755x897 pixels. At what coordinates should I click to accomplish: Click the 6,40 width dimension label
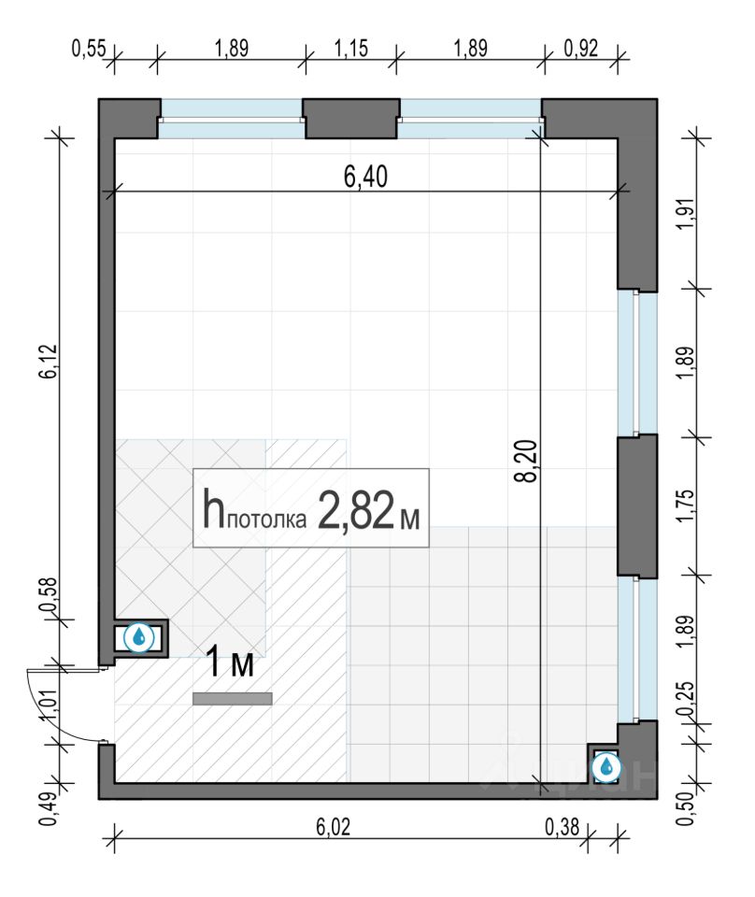(x=365, y=177)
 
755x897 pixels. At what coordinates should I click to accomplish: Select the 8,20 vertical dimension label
(x=526, y=461)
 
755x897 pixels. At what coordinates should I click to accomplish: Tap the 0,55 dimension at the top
(x=89, y=48)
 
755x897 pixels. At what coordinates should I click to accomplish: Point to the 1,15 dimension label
(x=350, y=48)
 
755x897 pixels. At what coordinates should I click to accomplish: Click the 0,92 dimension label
(x=580, y=48)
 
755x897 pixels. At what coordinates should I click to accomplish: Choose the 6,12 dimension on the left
(x=50, y=361)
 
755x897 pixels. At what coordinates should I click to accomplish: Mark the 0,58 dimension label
(x=50, y=594)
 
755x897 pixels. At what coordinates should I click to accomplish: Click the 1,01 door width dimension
(x=50, y=705)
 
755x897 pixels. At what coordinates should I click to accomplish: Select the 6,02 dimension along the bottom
(x=333, y=827)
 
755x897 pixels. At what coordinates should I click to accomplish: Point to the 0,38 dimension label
(x=562, y=827)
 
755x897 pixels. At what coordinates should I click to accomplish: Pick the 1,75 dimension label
(x=687, y=505)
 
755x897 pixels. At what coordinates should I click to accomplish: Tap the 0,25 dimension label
(x=687, y=699)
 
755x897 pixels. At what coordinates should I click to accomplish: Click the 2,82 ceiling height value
(x=355, y=510)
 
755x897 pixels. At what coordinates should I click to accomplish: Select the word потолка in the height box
(x=266, y=520)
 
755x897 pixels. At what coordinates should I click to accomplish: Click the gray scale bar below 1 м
(x=233, y=699)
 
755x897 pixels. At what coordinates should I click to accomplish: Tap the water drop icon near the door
(x=139, y=637)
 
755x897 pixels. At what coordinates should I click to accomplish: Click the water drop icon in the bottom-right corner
(x=606, y=767)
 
